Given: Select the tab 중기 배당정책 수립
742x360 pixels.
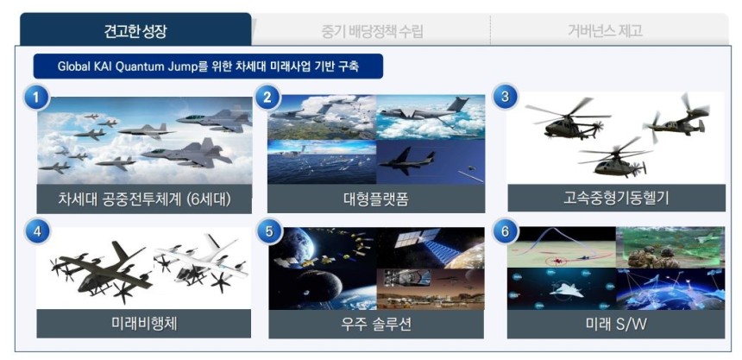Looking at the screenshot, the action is (372, 31).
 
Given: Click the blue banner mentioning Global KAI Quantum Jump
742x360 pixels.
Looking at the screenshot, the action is (208, 66).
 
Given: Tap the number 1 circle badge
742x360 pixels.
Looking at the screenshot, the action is (36, 98).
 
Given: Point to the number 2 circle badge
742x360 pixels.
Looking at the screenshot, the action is (267, 98).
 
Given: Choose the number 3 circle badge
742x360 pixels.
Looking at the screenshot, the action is (505, 97).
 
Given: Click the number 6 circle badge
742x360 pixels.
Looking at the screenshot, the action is (505, 231).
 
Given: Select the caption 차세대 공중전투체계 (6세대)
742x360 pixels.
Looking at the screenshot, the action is (144, 199).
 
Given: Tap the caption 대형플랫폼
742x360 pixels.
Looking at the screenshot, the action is (376, 199).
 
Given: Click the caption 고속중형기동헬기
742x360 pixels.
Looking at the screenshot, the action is (616, 198).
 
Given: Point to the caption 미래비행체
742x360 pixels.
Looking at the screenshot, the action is (144, 324).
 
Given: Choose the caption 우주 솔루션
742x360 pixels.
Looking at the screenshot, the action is (376, 325).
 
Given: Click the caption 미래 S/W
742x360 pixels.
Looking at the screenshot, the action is (616, 325).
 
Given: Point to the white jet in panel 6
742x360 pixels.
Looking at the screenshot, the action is (567, 289).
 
